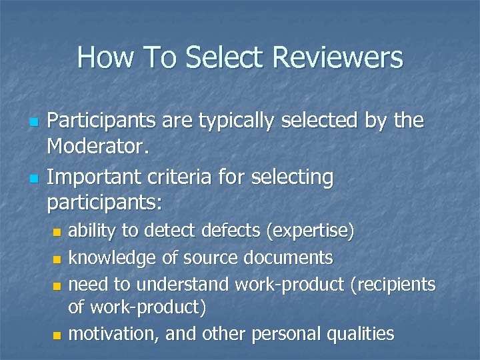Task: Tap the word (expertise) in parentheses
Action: click(x=310, y=231)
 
